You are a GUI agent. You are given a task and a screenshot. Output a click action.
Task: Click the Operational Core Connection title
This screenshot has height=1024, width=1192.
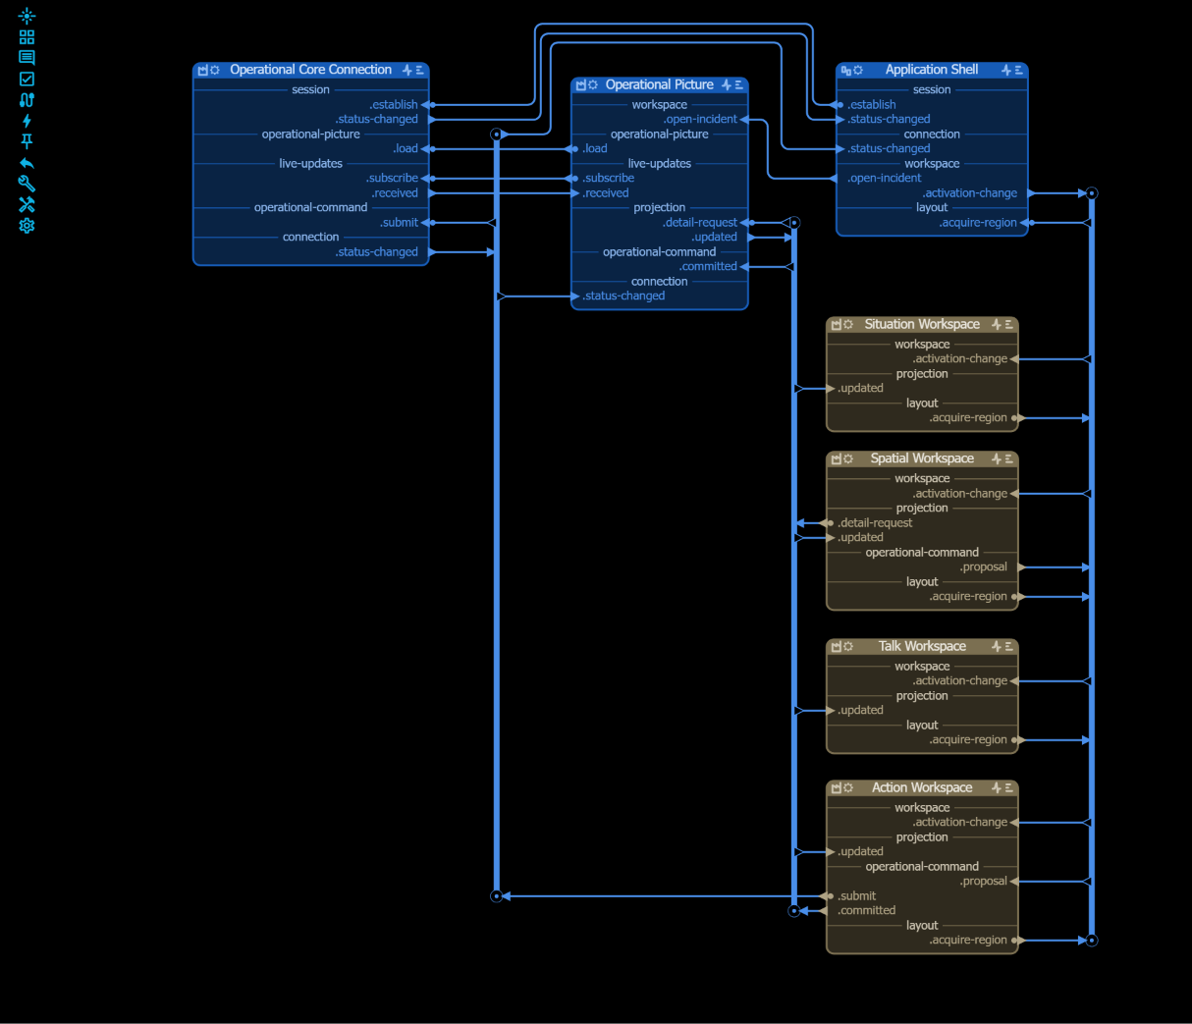pos(310,70)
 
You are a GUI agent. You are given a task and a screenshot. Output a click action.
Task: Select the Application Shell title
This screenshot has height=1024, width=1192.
pos(932,70)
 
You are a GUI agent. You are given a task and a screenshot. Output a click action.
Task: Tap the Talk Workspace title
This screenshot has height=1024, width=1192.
pos(922,646)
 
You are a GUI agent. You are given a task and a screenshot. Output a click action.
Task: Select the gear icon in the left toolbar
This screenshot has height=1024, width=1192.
pos(27,226)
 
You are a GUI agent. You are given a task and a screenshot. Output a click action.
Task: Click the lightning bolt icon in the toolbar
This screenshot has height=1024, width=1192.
pos(27,121)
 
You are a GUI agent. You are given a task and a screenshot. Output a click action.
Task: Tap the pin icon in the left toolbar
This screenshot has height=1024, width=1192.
pos(27,141)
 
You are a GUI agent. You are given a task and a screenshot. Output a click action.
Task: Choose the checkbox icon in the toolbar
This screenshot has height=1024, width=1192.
pos(27,79)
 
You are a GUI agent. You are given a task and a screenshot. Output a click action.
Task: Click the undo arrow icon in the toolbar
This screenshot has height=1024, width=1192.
pos(27,163)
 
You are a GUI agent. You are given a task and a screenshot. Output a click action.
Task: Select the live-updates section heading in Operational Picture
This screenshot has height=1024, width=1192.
pos(659,164)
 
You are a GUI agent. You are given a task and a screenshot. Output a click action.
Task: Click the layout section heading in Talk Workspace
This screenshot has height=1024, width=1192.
pos(922,726)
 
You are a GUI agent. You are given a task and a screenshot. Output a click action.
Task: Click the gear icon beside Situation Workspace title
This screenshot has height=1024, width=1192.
pos(848,324)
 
